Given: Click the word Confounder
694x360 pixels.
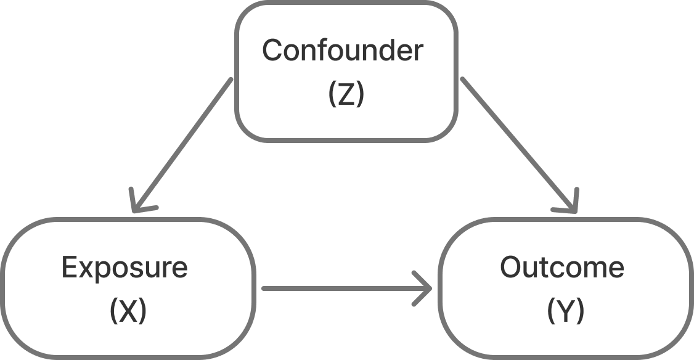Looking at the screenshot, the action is click(x=343, y=50).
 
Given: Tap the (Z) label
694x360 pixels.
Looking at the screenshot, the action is click(x=346, y=94).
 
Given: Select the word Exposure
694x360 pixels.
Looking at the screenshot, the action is click(x=125, y=268).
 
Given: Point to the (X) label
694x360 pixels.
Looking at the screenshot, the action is click(x=128, y=311).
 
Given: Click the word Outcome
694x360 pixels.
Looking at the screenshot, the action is click(x=562, y=267).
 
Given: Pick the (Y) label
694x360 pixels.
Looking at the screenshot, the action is click(x=566, y=311).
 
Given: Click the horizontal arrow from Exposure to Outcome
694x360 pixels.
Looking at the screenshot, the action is click(x=347, y=288).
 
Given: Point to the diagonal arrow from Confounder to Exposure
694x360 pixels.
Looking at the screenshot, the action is click(x=182, y=145).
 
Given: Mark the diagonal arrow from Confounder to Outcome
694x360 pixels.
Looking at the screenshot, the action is click(x=519, y=145).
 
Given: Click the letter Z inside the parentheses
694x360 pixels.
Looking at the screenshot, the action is click(x=346, y=94).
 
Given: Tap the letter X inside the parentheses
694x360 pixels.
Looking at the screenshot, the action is click(x=128, y=311).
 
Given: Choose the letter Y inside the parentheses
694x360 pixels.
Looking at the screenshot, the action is click(x=566, y=311).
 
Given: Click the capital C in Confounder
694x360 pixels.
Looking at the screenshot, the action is click(x=273, y=50).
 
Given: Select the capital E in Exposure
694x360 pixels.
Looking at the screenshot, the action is click(x=70, y=267).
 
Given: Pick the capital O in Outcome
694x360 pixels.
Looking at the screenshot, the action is click(x=511, y=267).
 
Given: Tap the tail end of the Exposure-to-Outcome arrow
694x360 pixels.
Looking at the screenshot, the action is click(x=264, y=288).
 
